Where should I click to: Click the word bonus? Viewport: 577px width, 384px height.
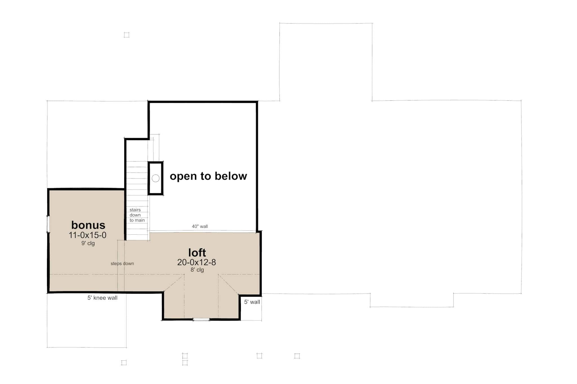pyautogui.click(x=88, y=225)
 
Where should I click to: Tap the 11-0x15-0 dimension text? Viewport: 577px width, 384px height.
pyautogui.click(x=88, y=235)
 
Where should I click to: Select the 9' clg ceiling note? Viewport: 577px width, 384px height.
pyautogui.click(x=88, y=243)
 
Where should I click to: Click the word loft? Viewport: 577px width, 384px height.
pyautogui.click(x=197, y=252)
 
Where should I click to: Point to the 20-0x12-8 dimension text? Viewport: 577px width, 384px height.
pyautogui.click(x=196, y=262)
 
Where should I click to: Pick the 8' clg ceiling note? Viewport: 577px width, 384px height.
pyautogui.click(x=197, y=270)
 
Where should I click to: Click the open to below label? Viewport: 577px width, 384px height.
pyautogui.click(x=208, y=176)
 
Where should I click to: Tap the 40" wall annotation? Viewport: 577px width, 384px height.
pyautogui.click(x=200, y=226)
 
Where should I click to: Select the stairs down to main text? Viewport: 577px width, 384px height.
pyautogui.click(x=137, y=215)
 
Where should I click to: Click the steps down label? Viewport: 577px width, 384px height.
pyautogui.click(x=122, y=264)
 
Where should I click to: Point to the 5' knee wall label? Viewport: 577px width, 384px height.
pyautogui.click(x=102, y=298)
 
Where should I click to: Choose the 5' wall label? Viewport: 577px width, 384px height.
pyautogui.click(x=252, y=302)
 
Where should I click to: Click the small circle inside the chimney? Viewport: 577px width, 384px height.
pyautogui.click(x=156, y=178)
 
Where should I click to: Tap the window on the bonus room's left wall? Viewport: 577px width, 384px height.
pyautogui.click(x=48, y=224)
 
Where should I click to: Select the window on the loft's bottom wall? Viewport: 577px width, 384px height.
pyautogui.click(x=201, y=319)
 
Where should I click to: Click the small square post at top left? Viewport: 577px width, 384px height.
pyautogui.click(x=127, y=35)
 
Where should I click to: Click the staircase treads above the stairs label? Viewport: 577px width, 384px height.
pyautogui.click(x=137, y=183)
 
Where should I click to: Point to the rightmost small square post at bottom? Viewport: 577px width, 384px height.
pyautogui.click(x=297, y=356)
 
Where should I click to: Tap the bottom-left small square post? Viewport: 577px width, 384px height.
pyautogui.click(x=124, y=362)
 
